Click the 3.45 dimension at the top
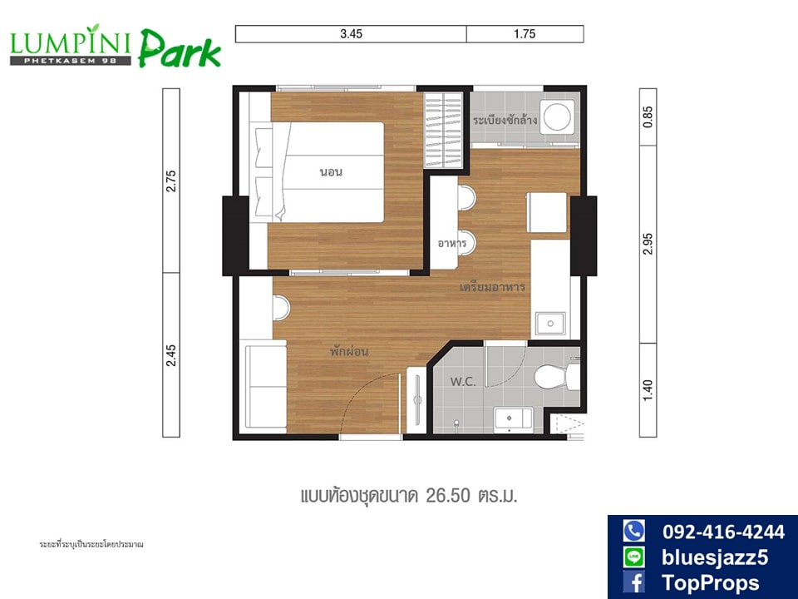(x=351, y=34)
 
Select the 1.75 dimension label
(x=525, y=34)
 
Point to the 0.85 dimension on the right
(x=648, y=116)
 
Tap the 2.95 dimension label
(x=648, y=245)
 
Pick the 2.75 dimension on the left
(x=171, y=181)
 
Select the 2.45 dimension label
(x=171, y=355)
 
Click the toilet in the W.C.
(x=557, y=376)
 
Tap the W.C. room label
(x=463, y=382)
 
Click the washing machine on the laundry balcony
(x=557, y=116)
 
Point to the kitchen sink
(x=549, y=324)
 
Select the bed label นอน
(x=331, y=171)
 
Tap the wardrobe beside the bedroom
(x=444, y=130)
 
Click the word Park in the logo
(x=180, y=49)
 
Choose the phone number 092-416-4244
(x=723, y=532)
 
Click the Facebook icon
(x=634, y=582)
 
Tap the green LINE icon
(x=634, y=557)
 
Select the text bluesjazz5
(x=715, y=557)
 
